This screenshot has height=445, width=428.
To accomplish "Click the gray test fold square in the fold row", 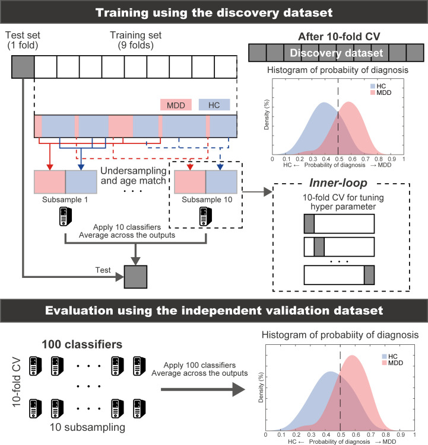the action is [x=23, y=67].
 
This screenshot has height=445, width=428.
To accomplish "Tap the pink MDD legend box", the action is [x=176, y=105].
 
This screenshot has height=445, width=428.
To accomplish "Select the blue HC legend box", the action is [x=214, y=105].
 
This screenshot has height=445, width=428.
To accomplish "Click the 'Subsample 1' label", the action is [x=65, y=200].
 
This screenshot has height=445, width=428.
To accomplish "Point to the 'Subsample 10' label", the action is [x=207, y=200].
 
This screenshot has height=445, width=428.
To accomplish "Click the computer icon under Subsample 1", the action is [x=65, y=216].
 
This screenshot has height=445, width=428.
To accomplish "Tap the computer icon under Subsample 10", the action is [x=205, y=216].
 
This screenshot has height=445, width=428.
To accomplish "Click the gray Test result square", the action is [x=136, y=277].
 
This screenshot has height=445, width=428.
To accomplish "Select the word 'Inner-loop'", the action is [x=338, y=183].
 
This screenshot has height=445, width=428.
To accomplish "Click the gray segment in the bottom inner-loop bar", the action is [x=369, y=275].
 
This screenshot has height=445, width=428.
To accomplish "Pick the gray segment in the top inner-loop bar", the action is [x=309, y=223].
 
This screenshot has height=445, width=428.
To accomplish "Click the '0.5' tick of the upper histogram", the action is [x=339, y=159].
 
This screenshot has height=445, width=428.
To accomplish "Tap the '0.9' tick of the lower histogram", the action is [x=401, y=434].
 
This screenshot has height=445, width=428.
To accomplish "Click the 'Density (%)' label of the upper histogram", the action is [x=266, y=114].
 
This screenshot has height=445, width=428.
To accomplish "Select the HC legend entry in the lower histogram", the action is [x=389, y=357].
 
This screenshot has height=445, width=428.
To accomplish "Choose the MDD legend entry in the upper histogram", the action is [x=381, y=92].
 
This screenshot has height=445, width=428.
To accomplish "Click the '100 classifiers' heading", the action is [x=82, y=344].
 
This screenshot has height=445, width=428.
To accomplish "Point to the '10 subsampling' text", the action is [x=87, y=427].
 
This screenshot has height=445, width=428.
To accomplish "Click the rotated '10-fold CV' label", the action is [x=17, y=382].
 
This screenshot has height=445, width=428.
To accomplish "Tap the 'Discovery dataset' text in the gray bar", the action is [x=337, y=53].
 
